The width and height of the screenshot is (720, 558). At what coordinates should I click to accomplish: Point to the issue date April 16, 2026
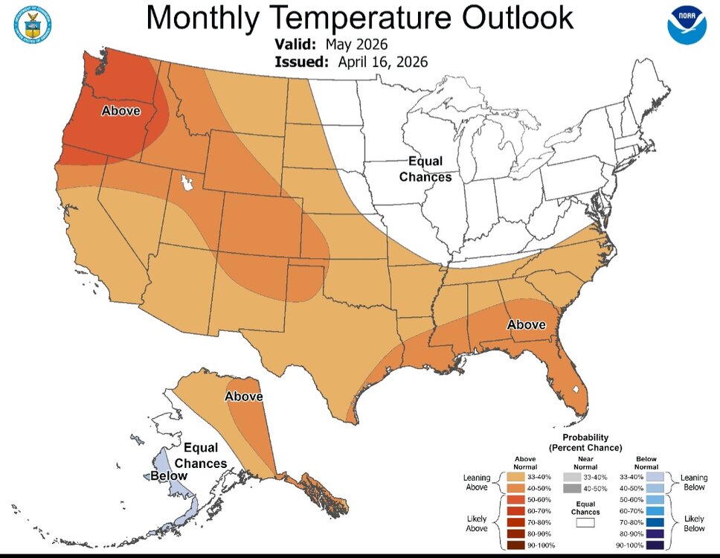tap(383, 62)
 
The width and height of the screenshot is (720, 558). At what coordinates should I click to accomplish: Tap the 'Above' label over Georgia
tap(526, 325)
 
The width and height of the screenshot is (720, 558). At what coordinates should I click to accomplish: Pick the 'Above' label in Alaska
tap(243, 397)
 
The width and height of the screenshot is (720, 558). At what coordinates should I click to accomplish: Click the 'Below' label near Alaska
tap(169, 476)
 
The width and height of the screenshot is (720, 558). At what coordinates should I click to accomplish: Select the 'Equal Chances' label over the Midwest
tap(425, 169)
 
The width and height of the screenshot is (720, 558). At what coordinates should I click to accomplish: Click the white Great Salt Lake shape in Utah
tap(185, 182)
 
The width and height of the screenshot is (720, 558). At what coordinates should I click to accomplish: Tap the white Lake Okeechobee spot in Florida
tap(575, 389)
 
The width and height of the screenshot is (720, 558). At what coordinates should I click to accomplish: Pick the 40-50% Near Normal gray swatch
tap(571, 489)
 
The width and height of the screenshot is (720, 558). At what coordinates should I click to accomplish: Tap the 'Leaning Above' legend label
tap(476, 482)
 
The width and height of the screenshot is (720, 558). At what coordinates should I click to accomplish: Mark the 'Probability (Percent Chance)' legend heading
tap(585, 443)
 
